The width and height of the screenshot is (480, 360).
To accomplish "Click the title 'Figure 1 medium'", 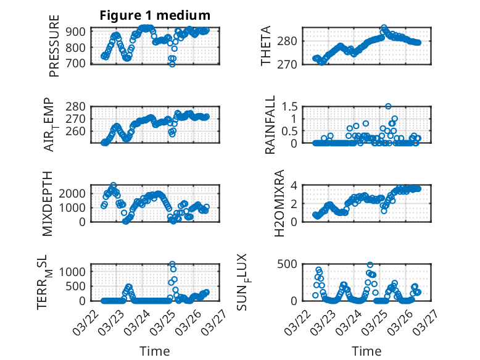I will pyautogui.click(x=155, y=15).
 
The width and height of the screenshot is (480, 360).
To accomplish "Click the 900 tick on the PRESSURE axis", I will pyautogui.click(x=77, y=31).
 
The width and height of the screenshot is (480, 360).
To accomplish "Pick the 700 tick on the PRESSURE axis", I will pyautogui.click(x=77, y=63).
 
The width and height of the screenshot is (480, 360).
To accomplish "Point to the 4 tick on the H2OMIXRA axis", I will pyautogui.click(x=296, y=185).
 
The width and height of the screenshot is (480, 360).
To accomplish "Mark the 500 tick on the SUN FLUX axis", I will pyautogui.click(x=291, y=264).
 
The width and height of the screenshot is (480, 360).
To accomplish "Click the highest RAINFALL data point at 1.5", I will pyautogui.click(x=388, y=106).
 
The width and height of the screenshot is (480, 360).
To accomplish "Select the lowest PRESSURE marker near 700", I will pyautogui.click(x=172, y=64).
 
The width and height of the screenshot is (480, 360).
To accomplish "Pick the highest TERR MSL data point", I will pyautogui.click(x=172, y=264).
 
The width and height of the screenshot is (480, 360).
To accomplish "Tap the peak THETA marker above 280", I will pyautogui.click(x=384, y=28).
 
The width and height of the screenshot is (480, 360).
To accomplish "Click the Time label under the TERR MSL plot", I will pyautogui.click(x=154, y=351).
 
